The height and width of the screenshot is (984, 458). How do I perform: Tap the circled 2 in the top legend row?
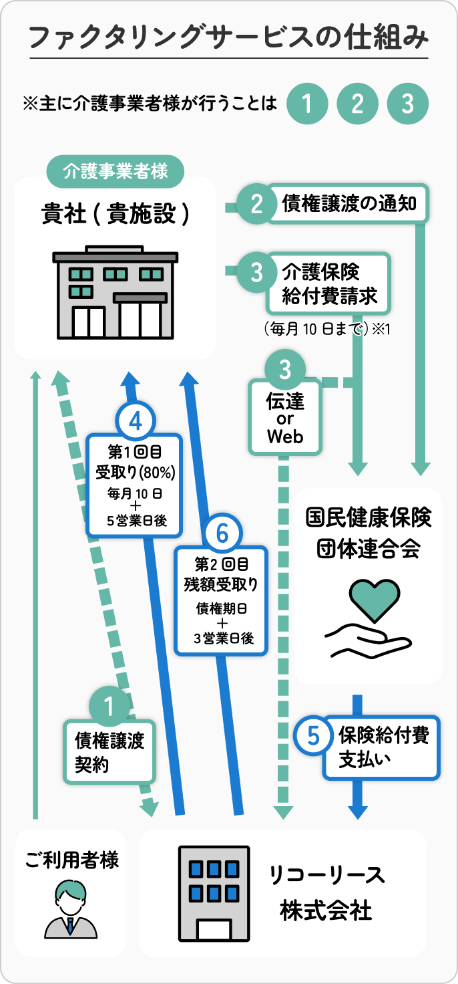pos(357,104)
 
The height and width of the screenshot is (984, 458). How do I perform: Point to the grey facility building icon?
pos(116,291)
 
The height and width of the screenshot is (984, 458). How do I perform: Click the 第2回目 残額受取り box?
pos(221,600)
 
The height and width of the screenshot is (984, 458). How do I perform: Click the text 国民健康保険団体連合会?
pos(369,532)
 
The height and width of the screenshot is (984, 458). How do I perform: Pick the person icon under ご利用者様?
pos(70,908)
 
